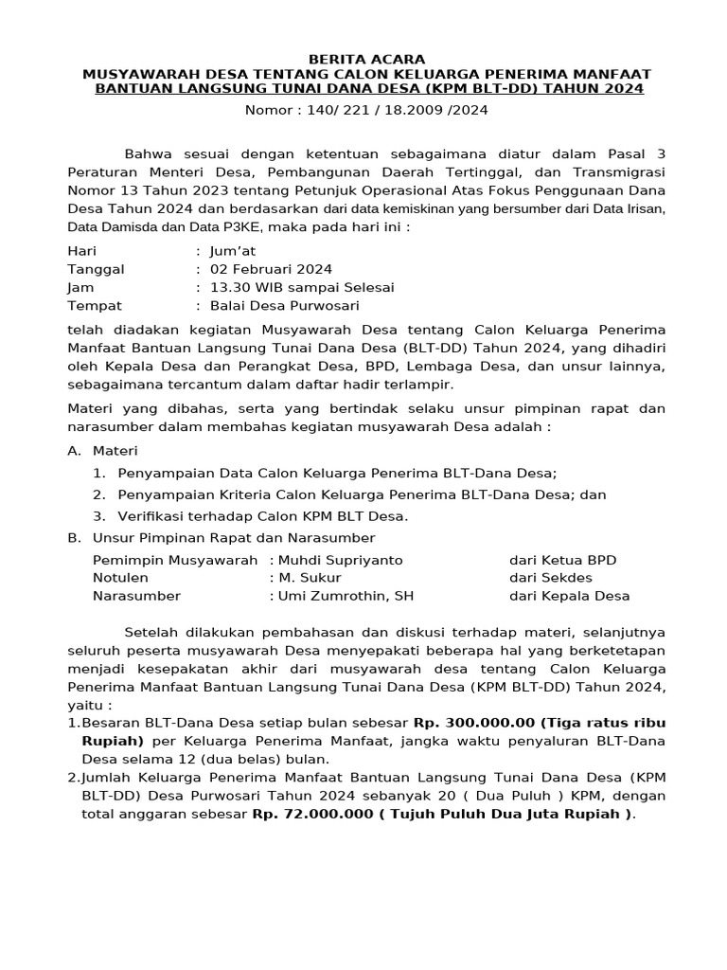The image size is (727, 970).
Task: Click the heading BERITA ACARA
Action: click(x=364, y=59)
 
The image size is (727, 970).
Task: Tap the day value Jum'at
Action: click(x=234, y=251)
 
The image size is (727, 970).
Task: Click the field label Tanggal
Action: click(x=96, y=269)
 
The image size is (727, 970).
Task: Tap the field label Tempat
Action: click(x=95, y=305)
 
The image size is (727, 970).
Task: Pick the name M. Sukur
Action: click(x=310, y=578)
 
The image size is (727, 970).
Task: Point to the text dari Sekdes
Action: click(x=551, y=578)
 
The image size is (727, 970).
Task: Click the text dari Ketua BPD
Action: click(x=562, y=560)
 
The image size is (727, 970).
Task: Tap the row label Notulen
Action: click(x=120, y=578)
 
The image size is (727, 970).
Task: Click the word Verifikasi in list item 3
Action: click(x=153, y=516)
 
